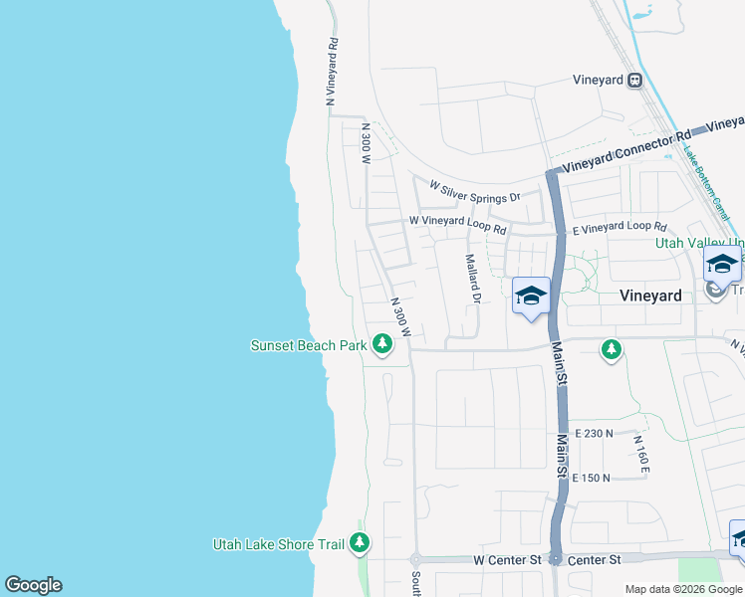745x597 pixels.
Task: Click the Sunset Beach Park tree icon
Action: click(381, 344)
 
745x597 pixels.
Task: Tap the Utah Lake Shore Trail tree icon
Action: click(360, 543)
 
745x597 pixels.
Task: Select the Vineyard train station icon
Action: click(634, 81)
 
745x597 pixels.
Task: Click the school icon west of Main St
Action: click(531, 296)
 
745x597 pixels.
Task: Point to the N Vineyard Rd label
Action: click(333, 73)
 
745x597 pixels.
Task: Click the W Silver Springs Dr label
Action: click(475, 191)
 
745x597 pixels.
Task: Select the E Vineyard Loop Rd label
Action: click(619, 228)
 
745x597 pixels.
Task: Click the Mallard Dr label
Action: click(473, 279)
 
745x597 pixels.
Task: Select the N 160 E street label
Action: click(640, 453)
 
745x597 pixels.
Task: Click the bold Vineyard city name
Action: click(650, 296)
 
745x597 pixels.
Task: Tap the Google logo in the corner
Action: click(33, 585)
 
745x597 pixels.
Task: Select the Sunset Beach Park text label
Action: click(309, 345)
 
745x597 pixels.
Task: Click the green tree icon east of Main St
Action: click(612, 349)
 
